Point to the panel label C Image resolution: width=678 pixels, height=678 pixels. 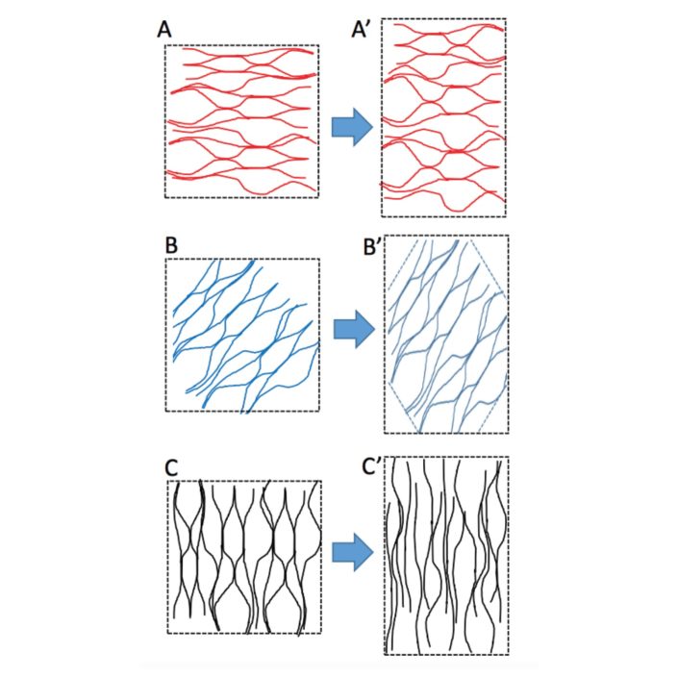click(172, 468)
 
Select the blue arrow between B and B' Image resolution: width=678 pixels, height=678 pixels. click(350, 330)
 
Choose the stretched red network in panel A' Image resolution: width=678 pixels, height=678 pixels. click(444, 117)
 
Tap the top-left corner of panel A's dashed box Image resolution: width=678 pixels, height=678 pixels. click(165, 44)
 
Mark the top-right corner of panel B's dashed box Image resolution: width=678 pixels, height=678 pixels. click(319, 260)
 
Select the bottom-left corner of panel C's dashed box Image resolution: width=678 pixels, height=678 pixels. click(167, 633)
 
